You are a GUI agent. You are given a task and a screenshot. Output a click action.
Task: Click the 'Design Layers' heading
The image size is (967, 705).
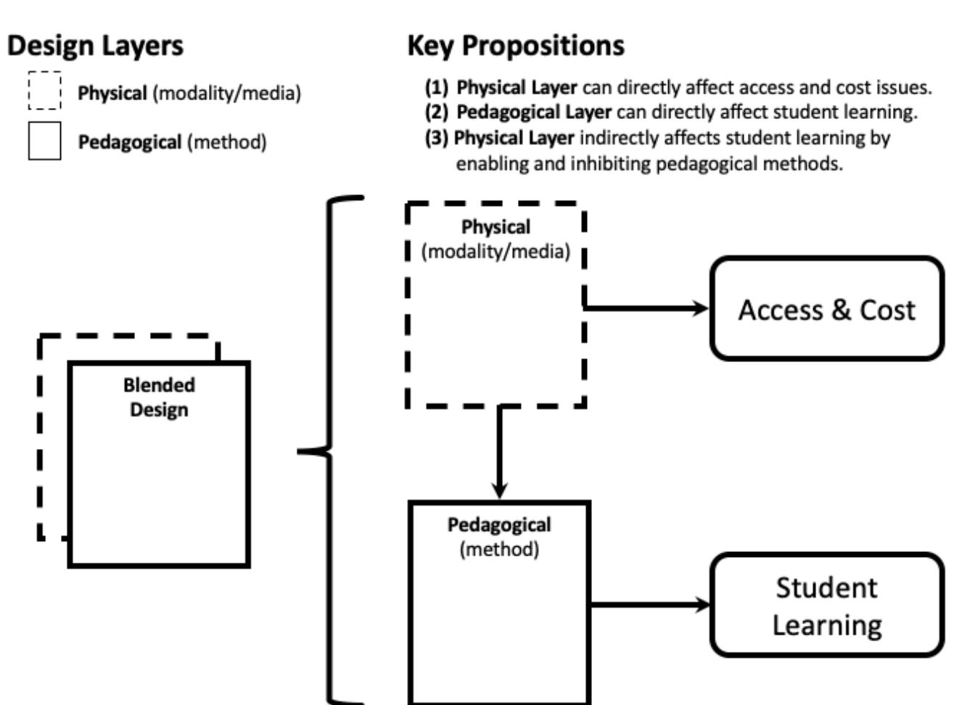pos(95,46)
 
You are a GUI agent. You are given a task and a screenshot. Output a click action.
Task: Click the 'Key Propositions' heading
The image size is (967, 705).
pos(515,46)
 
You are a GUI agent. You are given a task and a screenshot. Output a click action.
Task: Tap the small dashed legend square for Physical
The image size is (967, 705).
pos(45,91)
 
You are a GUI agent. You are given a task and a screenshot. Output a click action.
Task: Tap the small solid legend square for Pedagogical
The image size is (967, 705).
pos(45,141)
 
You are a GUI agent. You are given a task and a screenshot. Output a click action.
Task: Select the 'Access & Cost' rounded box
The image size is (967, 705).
pos(826,309)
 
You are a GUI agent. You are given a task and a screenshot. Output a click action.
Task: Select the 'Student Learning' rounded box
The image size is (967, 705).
pos(826,606)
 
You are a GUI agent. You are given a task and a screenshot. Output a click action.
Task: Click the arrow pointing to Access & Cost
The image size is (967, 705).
pos(646,308)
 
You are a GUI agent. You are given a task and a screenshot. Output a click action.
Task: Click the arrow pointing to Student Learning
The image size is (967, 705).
pos(650,604)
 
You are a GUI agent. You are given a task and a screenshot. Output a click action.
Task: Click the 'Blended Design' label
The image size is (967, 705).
pos(159,397)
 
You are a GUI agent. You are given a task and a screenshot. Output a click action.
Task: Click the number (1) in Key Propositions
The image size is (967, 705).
pos(437,88)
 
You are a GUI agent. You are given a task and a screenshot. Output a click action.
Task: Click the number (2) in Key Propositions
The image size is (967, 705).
pos(437,112)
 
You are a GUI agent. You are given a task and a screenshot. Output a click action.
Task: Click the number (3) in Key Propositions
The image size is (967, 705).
pos(437,138)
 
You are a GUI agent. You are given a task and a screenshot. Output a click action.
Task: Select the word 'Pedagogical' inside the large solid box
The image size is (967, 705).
pos(499,524)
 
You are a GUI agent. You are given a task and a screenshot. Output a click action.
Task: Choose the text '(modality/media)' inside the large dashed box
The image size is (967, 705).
pos(496,252)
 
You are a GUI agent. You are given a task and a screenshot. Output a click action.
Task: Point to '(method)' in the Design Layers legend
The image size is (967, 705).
pos(227,142)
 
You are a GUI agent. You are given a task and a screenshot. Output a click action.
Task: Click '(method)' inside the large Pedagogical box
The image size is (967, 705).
pos(499,549)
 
